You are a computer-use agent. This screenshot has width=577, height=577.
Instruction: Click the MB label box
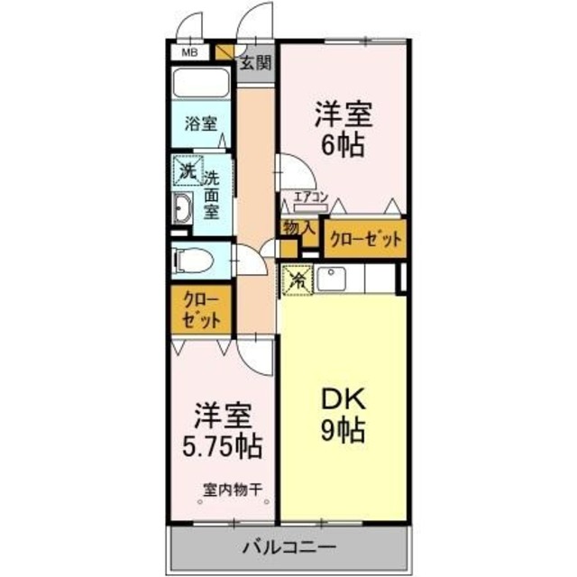point(189,53)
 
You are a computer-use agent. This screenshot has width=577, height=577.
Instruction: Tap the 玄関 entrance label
point(256,62)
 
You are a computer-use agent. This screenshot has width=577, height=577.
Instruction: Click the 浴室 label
point(201,124)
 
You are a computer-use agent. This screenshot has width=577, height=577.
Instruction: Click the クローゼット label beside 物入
point(365,239)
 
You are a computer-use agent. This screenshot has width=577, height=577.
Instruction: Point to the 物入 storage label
point(298,229)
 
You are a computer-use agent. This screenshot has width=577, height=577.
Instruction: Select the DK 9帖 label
point(342,414)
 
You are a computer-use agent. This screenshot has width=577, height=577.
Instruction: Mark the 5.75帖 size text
point(225,444)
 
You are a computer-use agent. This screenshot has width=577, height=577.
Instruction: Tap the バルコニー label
point(289,546)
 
